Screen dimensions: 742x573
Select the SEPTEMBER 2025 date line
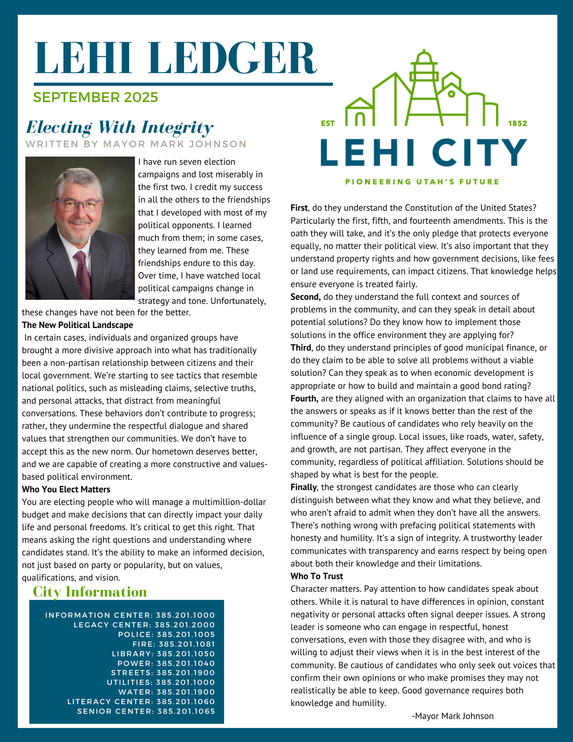(96, 98)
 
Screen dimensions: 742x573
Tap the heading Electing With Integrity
(119, 127)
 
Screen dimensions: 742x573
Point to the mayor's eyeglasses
(78, 205)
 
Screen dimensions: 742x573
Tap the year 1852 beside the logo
(517, 123)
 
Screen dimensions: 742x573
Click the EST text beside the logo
(328, 123)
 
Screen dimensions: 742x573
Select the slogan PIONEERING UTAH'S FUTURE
(422, 182)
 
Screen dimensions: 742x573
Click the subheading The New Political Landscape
(78, 325)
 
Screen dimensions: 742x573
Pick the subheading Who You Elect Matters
(66, 489)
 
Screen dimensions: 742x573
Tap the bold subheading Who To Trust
(317, 576)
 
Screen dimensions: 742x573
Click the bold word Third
(301, 348)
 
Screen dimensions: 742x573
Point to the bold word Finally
(303, 487)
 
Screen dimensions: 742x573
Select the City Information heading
(90, 592)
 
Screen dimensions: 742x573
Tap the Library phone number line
(164, 654)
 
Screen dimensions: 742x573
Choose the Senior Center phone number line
(146, 711)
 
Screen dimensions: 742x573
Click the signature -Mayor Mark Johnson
(452, 716)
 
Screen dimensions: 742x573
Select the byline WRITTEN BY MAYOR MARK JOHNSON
(136, 144)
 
